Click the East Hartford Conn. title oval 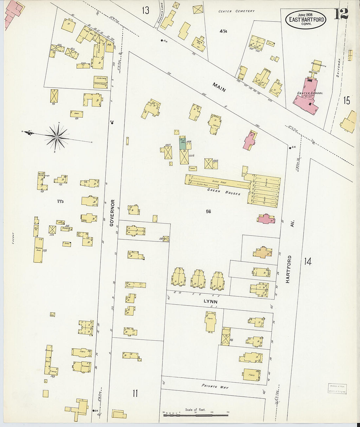point(306,19)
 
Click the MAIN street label point(219,87)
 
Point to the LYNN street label point(210,301)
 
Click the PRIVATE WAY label point(215,386)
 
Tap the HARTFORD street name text point(288,269)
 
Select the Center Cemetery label point(236,11)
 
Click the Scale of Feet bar point(196,415)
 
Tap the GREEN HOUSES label point(224,192)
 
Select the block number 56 point(208,211)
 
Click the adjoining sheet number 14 point(307,261)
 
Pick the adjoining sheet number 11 point(135,393)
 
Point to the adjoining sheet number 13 point(145,10)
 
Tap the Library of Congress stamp point(337,388)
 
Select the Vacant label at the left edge point(13,238)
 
